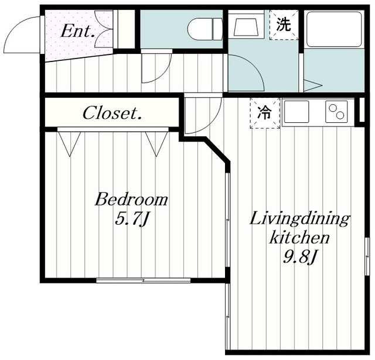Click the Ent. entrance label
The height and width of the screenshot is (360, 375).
tap(78, 31)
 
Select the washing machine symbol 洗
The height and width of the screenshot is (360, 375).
tap(283, 25)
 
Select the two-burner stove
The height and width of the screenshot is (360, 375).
tap(336, 111)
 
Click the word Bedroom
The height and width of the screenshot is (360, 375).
tap(131, 200)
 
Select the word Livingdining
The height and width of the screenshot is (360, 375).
tap(299, 220)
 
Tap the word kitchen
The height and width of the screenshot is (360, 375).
tap(299, 238)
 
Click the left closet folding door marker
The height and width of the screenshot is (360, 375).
tap(69, 143)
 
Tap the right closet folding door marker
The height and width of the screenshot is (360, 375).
tap(156, 143)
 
